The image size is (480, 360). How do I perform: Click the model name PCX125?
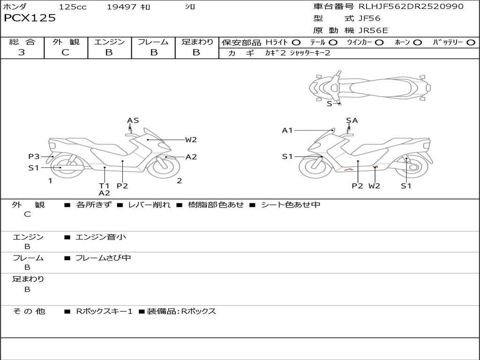tap(30, 18)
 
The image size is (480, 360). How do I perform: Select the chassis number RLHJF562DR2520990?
tap(411, 7)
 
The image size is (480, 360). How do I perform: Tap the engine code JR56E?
tap(373, 31)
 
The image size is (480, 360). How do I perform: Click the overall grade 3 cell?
tap(22, 52)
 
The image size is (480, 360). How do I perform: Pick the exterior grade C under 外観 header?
tap(66, 52)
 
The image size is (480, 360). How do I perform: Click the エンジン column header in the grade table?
tap(109, 42)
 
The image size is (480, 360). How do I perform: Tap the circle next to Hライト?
tap(297, 43)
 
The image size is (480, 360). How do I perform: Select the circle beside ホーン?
tap(418, 43)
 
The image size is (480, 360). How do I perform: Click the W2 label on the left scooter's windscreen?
tap(191, 139)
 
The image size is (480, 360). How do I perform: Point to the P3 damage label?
tap(34, 157)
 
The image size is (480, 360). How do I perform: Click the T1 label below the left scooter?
tap(104, 186)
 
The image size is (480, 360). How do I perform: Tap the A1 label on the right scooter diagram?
tap(287, 130)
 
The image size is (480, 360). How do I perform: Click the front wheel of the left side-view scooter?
tap(164, 167)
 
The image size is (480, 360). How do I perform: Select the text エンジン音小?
tap(101, 237)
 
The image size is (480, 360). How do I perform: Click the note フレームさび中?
tap(103, 258)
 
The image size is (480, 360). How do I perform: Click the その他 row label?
tap(29, 311)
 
